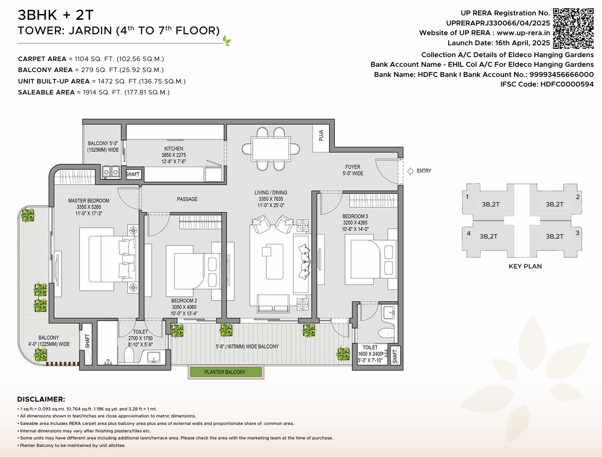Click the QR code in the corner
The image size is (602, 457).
tap(573, 28)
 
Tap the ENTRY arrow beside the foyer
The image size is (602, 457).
tap(410, 171)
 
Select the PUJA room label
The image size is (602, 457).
tap(321, 136)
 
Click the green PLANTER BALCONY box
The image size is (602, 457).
tap(225, 372)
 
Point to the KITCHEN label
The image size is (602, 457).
tap(174, 149)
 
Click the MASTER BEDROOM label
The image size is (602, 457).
tap(89, 201)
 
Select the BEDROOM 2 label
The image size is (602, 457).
tap(184, 301)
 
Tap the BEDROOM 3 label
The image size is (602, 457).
tap(355, 217)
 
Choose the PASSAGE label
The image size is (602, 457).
tap(187, 199)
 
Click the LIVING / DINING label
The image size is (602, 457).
tap(271, 193)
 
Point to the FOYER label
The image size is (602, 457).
tap(352, 167)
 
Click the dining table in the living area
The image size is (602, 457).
tap(271, 149)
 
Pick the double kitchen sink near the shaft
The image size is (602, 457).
tap(111, 172)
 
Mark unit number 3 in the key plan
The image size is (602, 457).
tap(577, 233)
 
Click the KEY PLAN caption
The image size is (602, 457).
tap(525, 266)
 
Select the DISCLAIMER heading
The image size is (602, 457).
tap(41, 399)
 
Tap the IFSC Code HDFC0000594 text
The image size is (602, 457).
tap(547, 84)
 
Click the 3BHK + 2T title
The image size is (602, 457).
tap(56, 15)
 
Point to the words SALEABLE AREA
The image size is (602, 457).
tap(46, 92)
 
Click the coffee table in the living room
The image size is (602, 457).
tap(275, 261)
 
